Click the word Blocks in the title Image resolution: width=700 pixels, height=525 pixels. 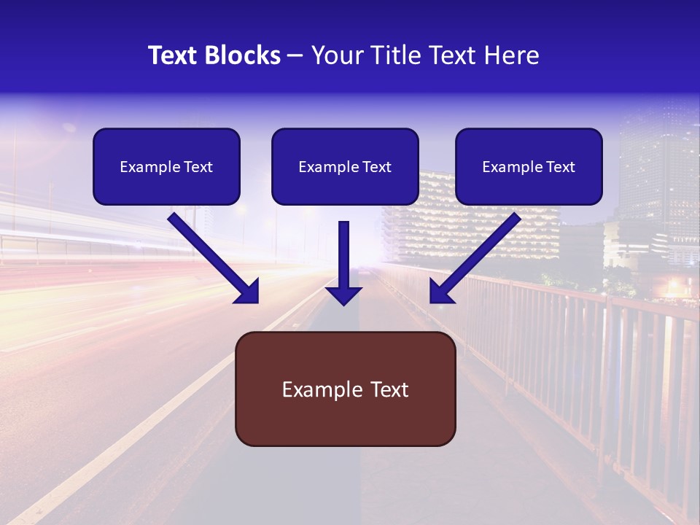click(244, 55)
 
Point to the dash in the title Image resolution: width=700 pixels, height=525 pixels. click(295, 55)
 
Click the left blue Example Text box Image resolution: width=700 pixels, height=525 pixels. click(166, 167)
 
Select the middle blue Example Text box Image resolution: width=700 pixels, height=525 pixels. click(345, 167)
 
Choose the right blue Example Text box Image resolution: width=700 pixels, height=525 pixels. click(529, 167)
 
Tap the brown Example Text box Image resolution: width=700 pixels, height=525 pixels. click(345, 389)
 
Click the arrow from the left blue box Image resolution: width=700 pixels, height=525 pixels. click(208, 252)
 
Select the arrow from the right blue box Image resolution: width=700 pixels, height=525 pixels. click(481, 252)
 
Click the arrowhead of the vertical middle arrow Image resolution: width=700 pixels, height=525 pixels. click(343, 295)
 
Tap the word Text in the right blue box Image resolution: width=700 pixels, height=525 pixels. click(561, 167)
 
